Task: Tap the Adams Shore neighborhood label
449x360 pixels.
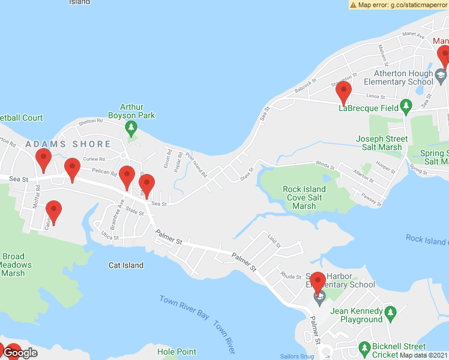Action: click(x=68, y=144)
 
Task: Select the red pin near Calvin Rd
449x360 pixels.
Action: click(x=54, y=212)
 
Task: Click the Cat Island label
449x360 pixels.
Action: click(x=126, y=265)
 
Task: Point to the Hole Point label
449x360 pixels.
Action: click(x=176, y=352)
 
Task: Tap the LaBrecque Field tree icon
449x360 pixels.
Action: click(x=406, y=106)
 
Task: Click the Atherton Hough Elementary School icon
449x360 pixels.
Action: click(x=441, y=74)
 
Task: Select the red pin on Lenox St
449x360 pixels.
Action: click(x=343, y=93)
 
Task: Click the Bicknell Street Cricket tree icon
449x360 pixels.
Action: click(x=364, y=347)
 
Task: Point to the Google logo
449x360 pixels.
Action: click(x=20, y=353)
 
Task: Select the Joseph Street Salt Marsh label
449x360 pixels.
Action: click(x=382, y=143)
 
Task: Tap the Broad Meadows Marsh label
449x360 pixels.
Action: click(x=13, y=265)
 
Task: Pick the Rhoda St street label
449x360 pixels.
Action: click(x=325, y=165)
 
